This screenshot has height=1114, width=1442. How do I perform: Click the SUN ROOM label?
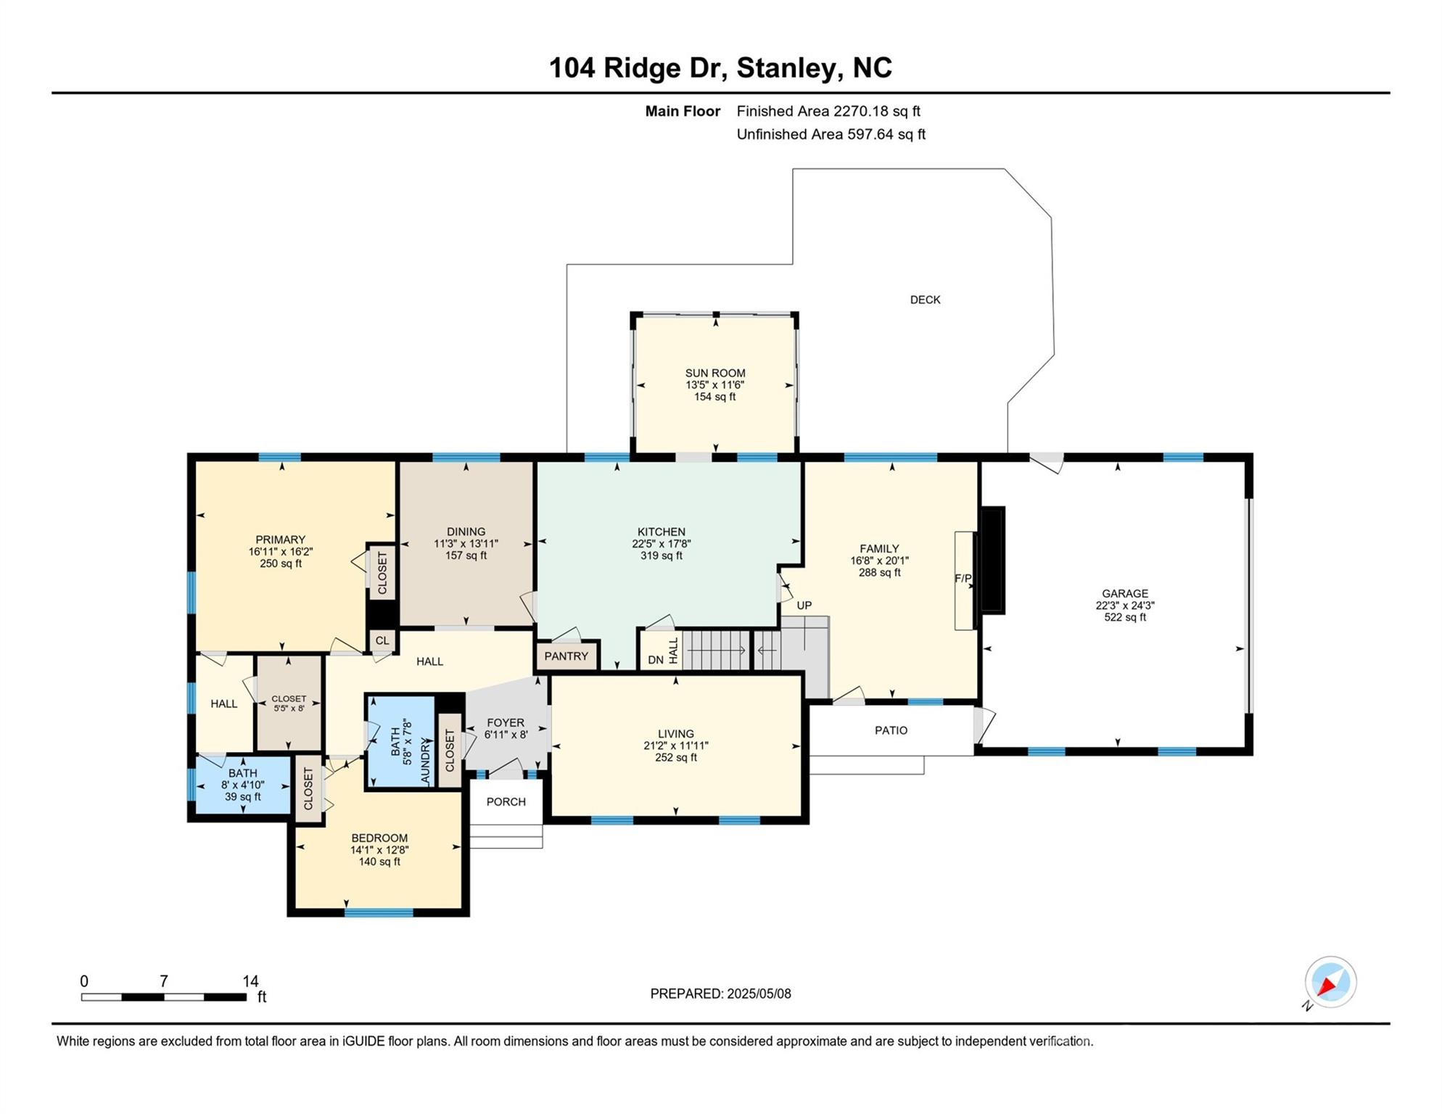click(x=715, y=374)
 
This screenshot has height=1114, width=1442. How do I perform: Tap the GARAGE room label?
click(x=1125, y=593)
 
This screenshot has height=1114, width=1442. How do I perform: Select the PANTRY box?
click(x=566, y=656)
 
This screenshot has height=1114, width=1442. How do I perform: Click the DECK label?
click(x=925, y=300)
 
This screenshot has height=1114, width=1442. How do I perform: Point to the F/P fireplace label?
click(x=963, y=578)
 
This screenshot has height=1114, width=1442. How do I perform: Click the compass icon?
click(x=1330, y=982)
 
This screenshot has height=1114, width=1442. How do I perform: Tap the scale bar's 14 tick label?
click(x=250, y=981)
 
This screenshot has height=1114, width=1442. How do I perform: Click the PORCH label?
click(x=506, y=801)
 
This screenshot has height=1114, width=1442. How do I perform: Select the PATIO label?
click(x=891, y=730)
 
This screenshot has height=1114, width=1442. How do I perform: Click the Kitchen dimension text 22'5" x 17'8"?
click(x=661, y=544)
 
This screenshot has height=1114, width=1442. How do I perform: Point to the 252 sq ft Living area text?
click(x=675, y=758)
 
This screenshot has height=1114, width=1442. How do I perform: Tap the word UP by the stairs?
click(x=804, y=606)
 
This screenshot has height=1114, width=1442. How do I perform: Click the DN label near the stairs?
click(x=656, y=660)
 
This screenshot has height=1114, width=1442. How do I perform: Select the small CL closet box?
click(x=382, y=640)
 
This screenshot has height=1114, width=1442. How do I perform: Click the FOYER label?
click(x=506, y=723)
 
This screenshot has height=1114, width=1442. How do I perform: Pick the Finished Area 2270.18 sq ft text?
click(x=828, y=111)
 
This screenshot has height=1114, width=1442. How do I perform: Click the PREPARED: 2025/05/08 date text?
click(x=720, y=994)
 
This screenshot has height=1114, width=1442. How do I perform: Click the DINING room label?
click(x=466, y=532)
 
